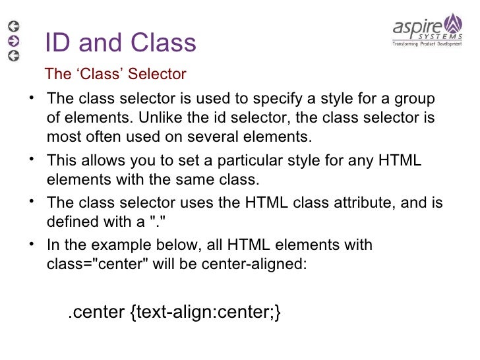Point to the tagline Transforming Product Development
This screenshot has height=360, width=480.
click(427, 44)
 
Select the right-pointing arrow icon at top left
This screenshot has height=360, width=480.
click(13, 41)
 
